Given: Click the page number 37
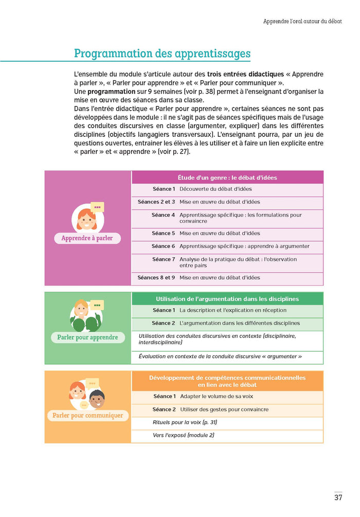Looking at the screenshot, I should pyautogui.click(x=338, y=497).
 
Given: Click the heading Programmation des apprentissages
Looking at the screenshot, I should pyautogui.click(x=162, y=54).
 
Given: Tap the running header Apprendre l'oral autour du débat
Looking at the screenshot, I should pyautogui.click(x=302, y=22).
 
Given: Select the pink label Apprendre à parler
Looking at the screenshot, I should pyautogui.click(x=87, y=238).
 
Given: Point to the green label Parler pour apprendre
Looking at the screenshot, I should pyautogui.click(x=87, y=337).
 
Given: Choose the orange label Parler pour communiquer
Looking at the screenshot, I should pyautogui.click(x=87, y=415).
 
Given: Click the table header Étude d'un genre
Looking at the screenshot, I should pyautogui.click(x=227, y=177).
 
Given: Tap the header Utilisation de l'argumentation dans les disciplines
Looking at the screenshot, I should pyautogui.click(x=227, y=298).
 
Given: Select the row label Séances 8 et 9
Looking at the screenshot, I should pyautogui.click(x=156, y=277).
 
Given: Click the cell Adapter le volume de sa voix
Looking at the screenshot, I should pyautogui.click(x=216, y=397).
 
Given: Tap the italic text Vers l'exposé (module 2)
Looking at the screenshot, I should pyautogui.click(x=176, y=435).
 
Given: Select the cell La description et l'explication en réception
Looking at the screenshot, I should pyautogui.click(x=233, y=310).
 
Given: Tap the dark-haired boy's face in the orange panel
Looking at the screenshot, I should pyautogui.click(x=96, y=398).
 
